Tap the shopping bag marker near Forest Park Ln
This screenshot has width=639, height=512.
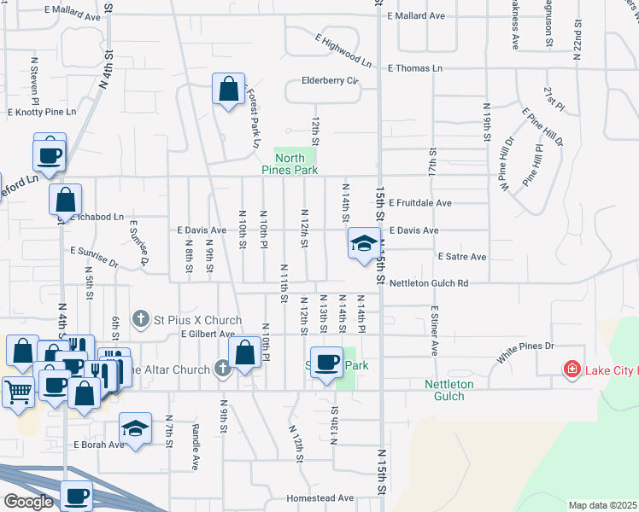[228, 90]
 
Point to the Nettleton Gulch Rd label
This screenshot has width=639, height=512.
[429, 283]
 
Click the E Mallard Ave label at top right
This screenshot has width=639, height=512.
[416, 15]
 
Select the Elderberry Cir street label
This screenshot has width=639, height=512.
[329, 82]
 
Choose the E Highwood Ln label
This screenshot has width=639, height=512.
[343, 50]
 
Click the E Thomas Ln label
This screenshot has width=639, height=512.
[415, 67]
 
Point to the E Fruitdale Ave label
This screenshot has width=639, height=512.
[419, 203]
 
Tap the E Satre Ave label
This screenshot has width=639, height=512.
[461, 256]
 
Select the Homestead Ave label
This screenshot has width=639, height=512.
[320, 497]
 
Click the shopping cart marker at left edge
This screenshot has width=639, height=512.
[19, 393]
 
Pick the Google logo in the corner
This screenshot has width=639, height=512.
[29, 502]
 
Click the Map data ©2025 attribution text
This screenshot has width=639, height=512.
[602, 505]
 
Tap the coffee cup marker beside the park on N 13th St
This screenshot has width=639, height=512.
[325, 363]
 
